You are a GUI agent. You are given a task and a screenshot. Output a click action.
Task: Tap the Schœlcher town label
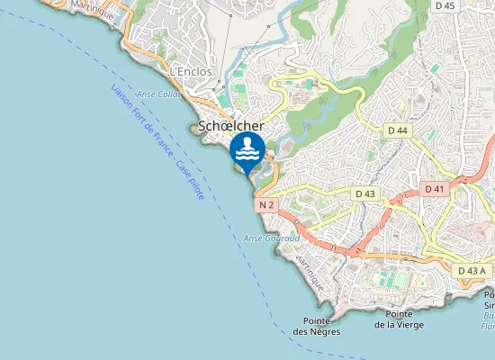pos(230,127)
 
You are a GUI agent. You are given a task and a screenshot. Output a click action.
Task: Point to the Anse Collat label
pos(158,94)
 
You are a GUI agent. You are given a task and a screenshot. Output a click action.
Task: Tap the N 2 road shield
pos(265,205)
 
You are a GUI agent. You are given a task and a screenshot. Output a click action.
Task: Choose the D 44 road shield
pos(398,131)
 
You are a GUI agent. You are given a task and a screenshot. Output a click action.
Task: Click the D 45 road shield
pos(445,5)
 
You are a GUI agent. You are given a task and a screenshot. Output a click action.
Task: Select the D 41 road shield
pos(434,189)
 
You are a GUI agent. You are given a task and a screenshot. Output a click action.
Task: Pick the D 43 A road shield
pos(472,270)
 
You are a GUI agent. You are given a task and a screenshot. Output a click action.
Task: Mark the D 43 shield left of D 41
pos(364,193)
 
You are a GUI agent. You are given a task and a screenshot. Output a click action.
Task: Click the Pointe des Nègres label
pos(312,326)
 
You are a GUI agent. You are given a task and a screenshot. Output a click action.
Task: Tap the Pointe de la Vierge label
pos(399,319)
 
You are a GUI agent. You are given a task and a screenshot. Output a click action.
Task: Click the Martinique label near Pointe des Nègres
pos(308,269)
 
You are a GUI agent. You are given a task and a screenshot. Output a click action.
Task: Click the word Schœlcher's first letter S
pos(202,127)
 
